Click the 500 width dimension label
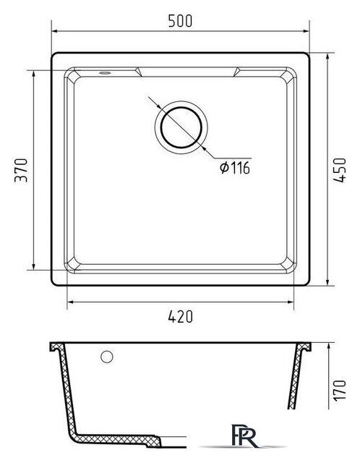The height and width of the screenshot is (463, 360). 180,21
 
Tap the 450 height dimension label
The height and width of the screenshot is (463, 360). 339,171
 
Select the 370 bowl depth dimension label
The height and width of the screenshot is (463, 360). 21,171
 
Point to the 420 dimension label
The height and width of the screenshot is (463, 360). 180,317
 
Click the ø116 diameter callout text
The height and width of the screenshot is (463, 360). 235,168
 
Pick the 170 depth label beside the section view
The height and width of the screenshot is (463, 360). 339,390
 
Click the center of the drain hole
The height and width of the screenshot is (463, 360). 181,127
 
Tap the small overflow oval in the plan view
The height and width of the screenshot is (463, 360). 105,72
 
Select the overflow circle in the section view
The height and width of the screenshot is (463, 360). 107,357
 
